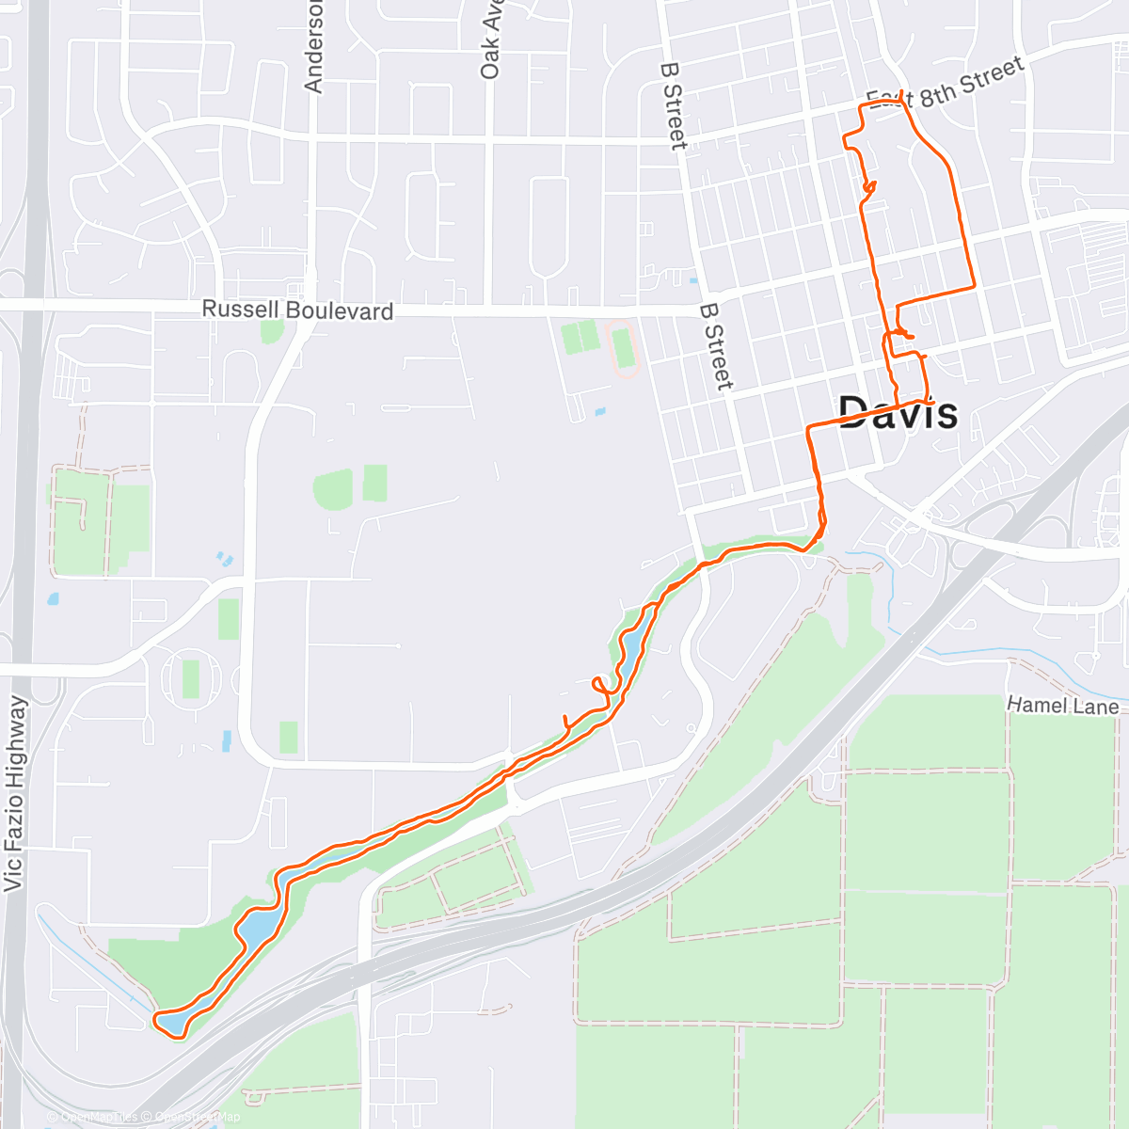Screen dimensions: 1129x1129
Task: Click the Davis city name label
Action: pyautogui.click(x=898, y=412)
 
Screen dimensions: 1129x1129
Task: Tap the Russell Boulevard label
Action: pyautogui.click(x=297, y=310)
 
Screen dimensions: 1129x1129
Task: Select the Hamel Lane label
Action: pyautogui.click(x=1062, y=705)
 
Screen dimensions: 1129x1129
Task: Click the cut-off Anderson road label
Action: pyautogui.click(x=313, y=47)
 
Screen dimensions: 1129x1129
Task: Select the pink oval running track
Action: pyautogui.click(x=622, y=349)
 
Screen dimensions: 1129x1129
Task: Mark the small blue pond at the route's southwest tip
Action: pyautogui.click(x=170, y=1022)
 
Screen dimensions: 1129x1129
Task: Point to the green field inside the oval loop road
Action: pyautogui.click(x=191, y=678)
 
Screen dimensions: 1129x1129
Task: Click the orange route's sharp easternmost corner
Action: pyautogui.click(x=973, y=286)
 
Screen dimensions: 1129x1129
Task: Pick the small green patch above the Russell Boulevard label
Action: pyautogui.click(x=272, y=330)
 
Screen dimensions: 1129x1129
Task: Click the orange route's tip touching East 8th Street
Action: pyautogui.click(x=901, y=93)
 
